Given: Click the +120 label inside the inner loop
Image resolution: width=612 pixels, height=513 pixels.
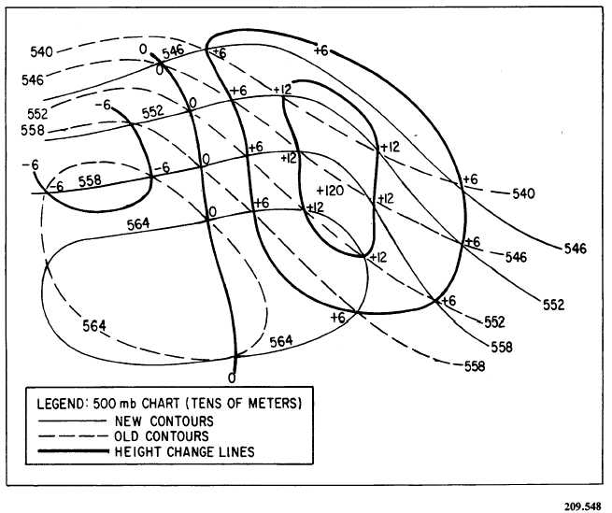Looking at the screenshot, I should click(x=334, y=190).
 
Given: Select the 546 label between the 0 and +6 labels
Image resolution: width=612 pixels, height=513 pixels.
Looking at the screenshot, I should click(x=173, y=51).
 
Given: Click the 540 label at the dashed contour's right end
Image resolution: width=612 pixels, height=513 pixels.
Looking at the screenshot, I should click(x=524, y=193).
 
